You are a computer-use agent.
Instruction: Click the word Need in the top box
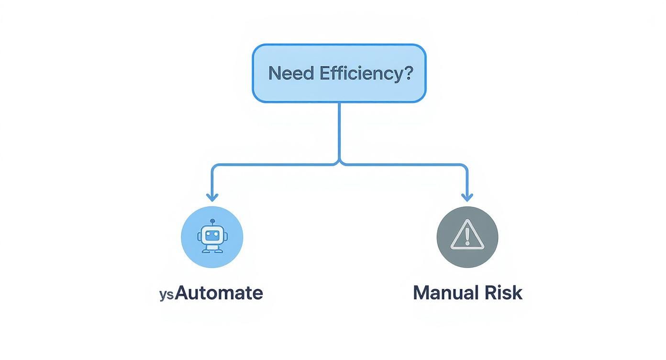pos(291,73)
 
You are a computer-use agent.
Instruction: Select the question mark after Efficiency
pos(407,73)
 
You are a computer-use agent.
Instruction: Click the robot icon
pos(212,237)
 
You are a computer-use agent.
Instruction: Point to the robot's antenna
pos(212,222)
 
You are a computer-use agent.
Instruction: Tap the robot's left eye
pos(208,234)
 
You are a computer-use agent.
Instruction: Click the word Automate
pos(219,292)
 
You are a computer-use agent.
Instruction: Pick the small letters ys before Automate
pos(166,294)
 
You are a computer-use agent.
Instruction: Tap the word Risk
pos(504,292)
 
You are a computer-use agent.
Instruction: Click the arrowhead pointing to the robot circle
pos(212,197)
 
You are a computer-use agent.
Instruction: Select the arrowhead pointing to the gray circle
pos(467,197)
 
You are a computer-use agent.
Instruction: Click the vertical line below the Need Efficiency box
pos(339,129)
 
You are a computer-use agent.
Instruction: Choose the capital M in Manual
pos(422,292)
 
